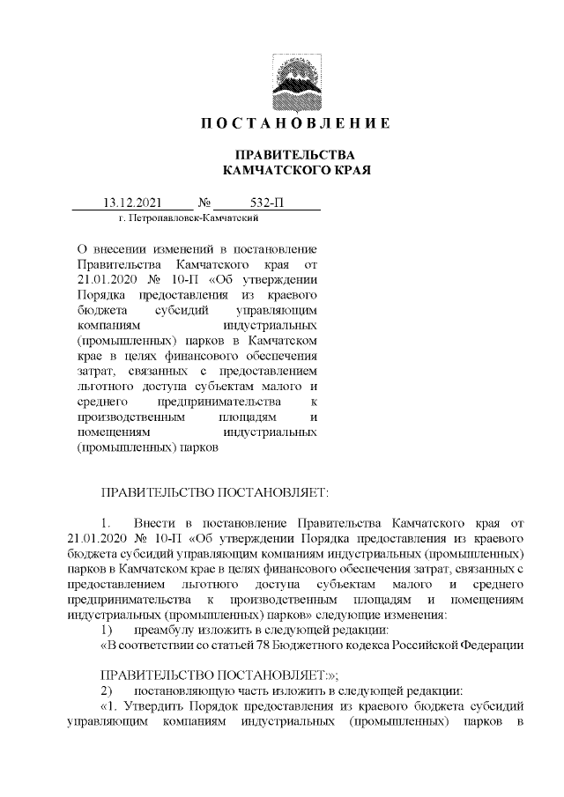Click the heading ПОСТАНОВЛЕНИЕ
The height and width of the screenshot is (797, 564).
tap(295, 122)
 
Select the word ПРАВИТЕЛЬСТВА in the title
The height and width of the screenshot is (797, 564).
tap(295, 154)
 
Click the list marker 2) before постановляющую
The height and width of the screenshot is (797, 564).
tap(108, 690)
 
